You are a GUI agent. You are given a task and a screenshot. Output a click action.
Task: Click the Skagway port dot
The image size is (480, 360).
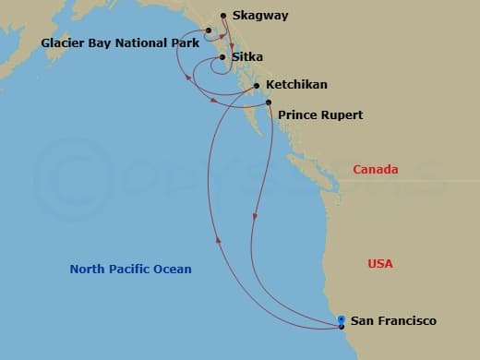tap(222, 16)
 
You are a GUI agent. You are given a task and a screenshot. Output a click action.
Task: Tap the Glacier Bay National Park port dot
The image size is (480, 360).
tap(210, 30)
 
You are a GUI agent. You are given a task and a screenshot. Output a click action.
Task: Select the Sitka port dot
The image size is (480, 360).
tap(222, 57)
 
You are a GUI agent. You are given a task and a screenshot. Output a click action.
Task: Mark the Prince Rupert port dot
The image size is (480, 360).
tap(269, 102)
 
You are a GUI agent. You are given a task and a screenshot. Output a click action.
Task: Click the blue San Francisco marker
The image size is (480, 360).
tap(342, 318)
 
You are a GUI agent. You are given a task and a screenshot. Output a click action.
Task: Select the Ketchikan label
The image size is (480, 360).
tap(296, 85)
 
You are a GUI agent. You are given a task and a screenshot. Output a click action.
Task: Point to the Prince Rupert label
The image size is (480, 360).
tap(320, 115)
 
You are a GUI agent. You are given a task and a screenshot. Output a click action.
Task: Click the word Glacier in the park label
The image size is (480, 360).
tap(64, 43)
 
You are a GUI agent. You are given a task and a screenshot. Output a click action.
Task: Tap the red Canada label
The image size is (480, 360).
tap(376, 170)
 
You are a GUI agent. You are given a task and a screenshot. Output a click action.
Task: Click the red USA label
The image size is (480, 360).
tap(380, 264)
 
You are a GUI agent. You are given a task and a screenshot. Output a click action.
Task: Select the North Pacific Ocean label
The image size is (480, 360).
tap(131, 270)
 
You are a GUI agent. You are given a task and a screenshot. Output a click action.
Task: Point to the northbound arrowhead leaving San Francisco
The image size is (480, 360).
tap(220, 238)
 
